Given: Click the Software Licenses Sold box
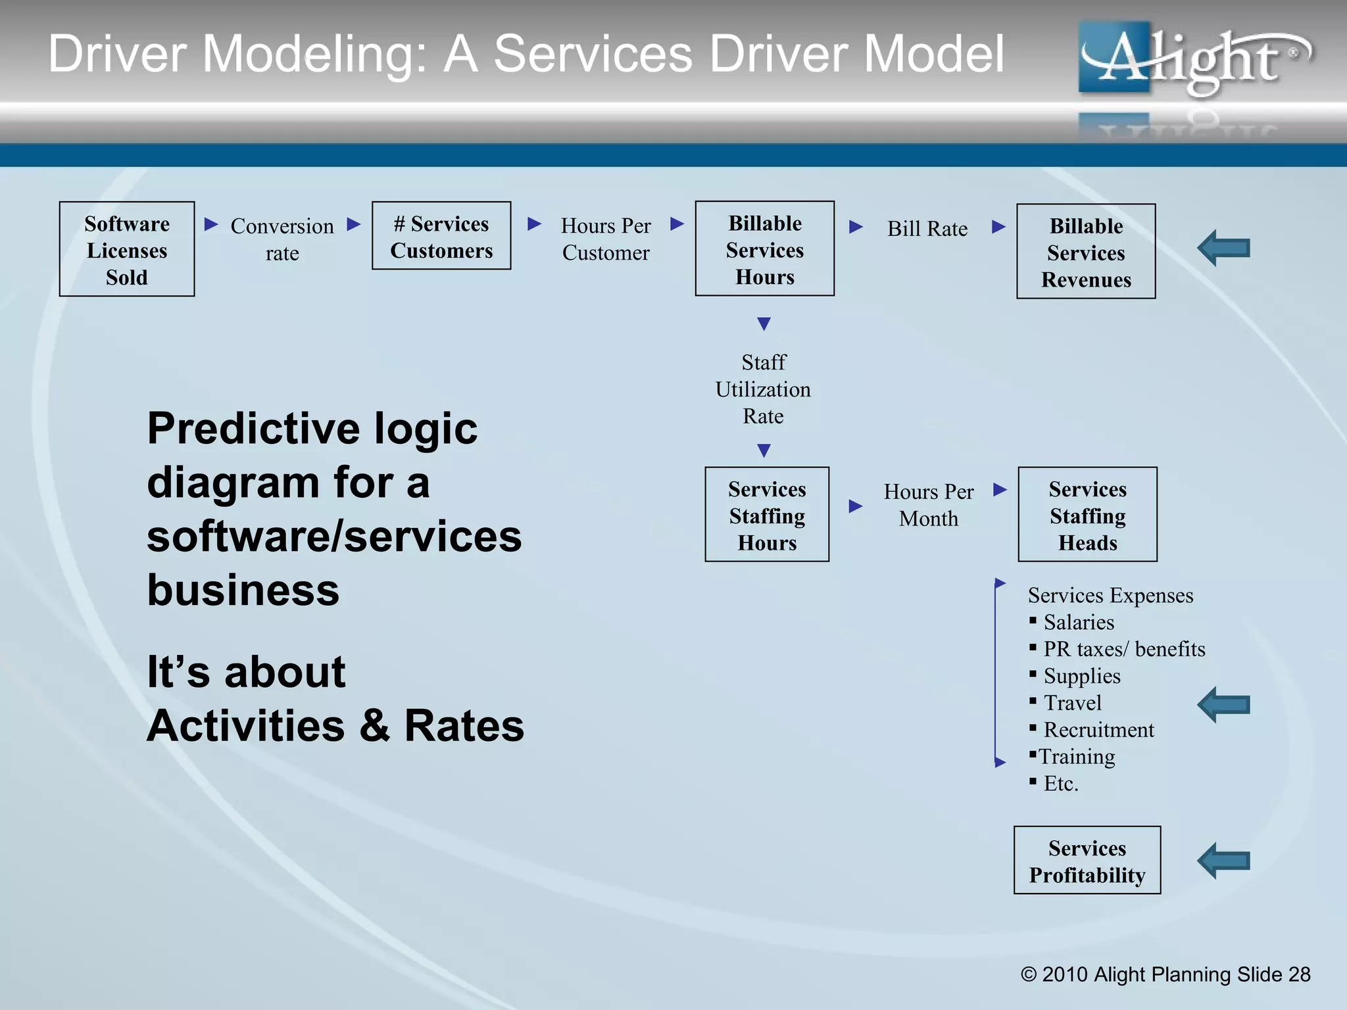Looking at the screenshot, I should click(x=127, y=249).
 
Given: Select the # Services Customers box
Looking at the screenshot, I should click(x=441, y=236).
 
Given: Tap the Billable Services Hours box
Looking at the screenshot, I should click(x=765, y=249).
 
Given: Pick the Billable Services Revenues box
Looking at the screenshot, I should click(x=1086, y=252).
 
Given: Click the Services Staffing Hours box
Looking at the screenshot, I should click(x=767, y=515).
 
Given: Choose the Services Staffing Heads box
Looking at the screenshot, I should click(x=1087, y=515).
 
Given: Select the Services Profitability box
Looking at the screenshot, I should click(x=1087, y=861).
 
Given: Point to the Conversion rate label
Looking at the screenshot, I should click(x=282, y=239).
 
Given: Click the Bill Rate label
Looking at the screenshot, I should click(x=927, y=229).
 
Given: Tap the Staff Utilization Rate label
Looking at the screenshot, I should click(x=763, y=389).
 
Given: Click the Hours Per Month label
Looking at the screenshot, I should click(x=928, y=505).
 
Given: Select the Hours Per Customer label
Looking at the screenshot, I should click(x=606, y=239).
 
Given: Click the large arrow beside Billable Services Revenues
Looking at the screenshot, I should click(x=1224, y=249).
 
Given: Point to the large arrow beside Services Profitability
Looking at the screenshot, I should click(x=1224, y=861).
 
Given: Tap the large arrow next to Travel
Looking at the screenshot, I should click(x=1224, y=705).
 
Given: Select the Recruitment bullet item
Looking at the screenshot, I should click(x=1098, y=730).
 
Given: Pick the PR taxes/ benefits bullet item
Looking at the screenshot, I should click(x=1124, y=649).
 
